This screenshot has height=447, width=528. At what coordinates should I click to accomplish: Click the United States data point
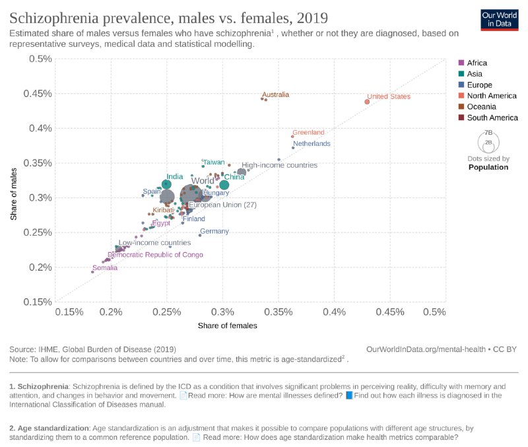367,101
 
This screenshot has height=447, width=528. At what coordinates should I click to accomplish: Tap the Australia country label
275,94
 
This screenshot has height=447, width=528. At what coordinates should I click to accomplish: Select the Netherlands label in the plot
312,143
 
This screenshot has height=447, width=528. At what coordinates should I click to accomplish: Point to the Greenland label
308,132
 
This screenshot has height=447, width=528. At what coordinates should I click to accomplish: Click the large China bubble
224,185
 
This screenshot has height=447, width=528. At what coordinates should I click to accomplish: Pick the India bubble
166,185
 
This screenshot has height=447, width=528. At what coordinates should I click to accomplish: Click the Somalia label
105,268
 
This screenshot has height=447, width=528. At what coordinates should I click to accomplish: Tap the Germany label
214,231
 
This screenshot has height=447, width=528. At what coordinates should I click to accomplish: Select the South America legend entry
492,118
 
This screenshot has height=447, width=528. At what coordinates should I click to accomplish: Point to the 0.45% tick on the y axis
39,93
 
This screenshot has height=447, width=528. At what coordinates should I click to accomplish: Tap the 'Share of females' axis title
227,326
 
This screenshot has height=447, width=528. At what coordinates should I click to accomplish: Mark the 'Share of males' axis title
14,195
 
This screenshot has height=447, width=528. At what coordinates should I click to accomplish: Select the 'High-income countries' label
279,165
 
